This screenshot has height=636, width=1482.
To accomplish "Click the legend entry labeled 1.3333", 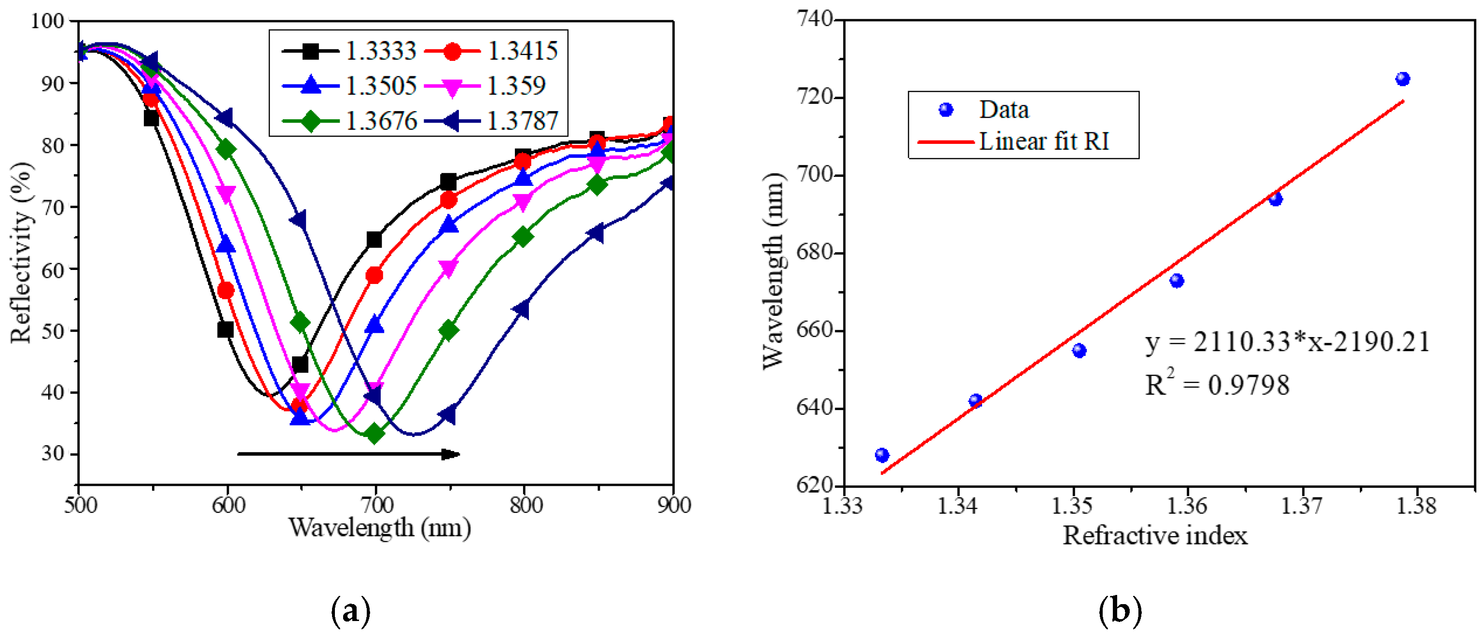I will point(348,51).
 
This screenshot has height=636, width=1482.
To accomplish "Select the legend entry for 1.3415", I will point(491,51).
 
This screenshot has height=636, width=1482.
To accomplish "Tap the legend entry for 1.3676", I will point(348,121).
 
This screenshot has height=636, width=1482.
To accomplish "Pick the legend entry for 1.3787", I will point(491,121).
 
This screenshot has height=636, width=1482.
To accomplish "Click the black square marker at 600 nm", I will point(225,330).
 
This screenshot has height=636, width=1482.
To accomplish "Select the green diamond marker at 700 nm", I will point(374,433).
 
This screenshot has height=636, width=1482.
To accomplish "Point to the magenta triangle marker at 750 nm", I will point(448,268).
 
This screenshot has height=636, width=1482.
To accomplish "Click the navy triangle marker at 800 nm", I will point(521,309).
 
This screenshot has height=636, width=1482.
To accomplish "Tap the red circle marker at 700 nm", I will point(374,276).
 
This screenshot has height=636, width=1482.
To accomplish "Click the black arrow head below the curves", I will point(451,454).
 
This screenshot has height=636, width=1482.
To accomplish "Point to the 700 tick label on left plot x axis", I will point(377,505).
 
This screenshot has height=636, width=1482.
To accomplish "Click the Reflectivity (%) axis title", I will point(21,253).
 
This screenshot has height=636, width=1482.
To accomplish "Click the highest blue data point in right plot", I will point(1402,79).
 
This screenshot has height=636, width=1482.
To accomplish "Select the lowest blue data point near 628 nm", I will point(882,455).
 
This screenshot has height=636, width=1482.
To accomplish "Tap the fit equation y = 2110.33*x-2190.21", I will point(1288,342).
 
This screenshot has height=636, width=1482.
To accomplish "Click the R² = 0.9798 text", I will point(1217,384).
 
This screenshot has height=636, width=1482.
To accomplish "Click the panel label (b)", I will point(1120,611).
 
